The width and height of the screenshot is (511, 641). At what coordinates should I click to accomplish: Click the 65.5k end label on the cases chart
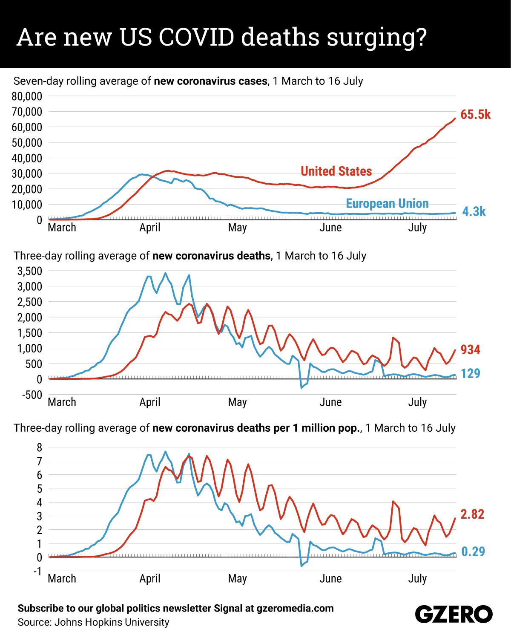[475, 115]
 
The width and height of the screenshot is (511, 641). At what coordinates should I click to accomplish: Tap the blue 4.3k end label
[474, 211]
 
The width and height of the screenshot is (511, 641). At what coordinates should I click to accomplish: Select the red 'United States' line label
[336, 171]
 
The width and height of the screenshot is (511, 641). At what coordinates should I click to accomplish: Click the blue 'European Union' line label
[387, 204]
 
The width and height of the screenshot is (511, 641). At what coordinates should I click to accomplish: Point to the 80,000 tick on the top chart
[27, 96]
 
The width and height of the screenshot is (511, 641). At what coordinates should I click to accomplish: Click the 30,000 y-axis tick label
[27, 173]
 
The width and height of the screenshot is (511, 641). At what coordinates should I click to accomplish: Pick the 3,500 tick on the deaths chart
[29, 271]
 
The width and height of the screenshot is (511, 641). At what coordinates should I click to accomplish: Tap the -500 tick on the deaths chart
[32, 395]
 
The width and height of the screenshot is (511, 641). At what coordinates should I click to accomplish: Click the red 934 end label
[470, 350]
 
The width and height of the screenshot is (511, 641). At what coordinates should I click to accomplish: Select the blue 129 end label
[470, 374]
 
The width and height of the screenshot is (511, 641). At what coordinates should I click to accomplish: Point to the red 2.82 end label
[472, 514]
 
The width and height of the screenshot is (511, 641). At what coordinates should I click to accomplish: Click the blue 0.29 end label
[473, 551]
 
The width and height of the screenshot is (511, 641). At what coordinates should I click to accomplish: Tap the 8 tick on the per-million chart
[40, 448]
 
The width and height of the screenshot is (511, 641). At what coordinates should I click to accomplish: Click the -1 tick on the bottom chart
[38, 571]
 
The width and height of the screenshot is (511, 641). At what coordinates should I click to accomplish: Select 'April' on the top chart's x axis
[150, 228]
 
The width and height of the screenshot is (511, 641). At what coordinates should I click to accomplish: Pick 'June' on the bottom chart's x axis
[330, 579]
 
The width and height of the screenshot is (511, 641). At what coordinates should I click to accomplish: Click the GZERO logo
[454, 615]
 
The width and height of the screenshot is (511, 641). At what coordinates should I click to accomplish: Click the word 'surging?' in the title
[376, 38]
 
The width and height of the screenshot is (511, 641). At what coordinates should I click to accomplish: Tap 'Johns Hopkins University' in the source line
[112, 622]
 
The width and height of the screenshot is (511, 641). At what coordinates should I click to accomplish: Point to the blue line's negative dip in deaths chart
[301, 387]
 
